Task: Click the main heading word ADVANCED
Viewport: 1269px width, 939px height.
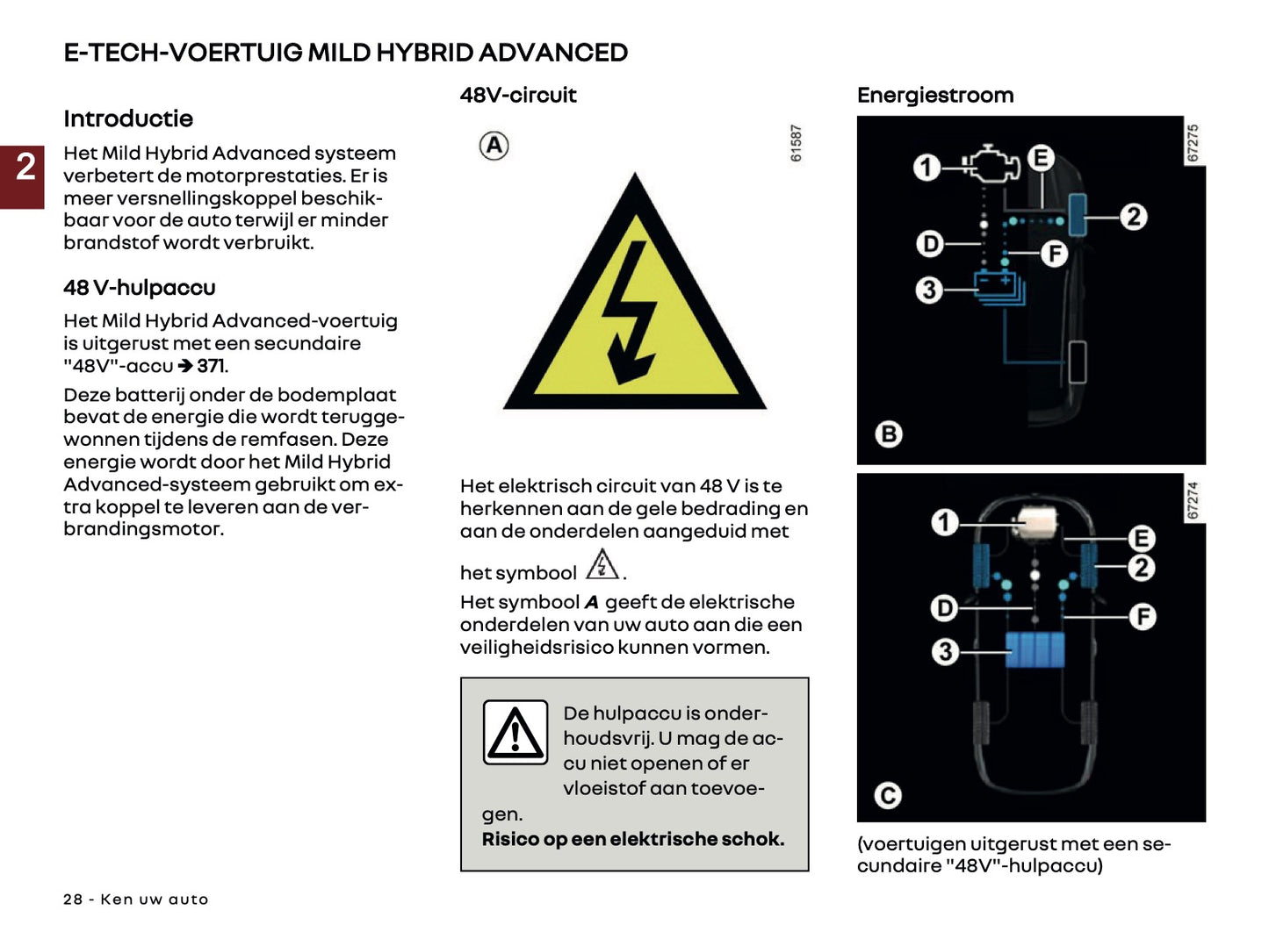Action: click(x=552, y=53)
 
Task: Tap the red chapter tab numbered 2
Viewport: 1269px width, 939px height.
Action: click(x=24, y=171)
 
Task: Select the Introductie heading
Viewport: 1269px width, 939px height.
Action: click(x=128, y=118)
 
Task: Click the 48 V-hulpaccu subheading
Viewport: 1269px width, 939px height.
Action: click(x=140, y=288)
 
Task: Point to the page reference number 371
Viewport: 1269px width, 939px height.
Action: click(x=212, y=366)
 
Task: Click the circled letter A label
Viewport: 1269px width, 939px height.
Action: click(x=494, y=145)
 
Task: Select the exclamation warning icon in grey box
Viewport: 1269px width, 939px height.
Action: click(x=516, y=733)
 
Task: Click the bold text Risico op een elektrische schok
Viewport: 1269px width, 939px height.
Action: click(x=632, y=839)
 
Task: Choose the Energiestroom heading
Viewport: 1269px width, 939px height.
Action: click(x=935, y=95)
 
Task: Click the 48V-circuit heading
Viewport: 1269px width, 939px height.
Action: click(x=518, y=95)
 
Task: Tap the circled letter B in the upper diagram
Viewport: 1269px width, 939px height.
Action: click(x=889, y=434)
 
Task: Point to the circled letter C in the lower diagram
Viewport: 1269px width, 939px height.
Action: click(x=888, y=795)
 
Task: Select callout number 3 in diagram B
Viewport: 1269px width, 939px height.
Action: click(x=928, y=290)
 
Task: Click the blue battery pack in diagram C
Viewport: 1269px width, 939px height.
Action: click(x=1035, y=650)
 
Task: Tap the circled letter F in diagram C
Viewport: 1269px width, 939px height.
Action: click(x=1142, y=617)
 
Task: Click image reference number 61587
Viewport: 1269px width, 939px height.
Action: click(x=796, y=143)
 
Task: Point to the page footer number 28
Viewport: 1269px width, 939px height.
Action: click(x=73, y=900)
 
